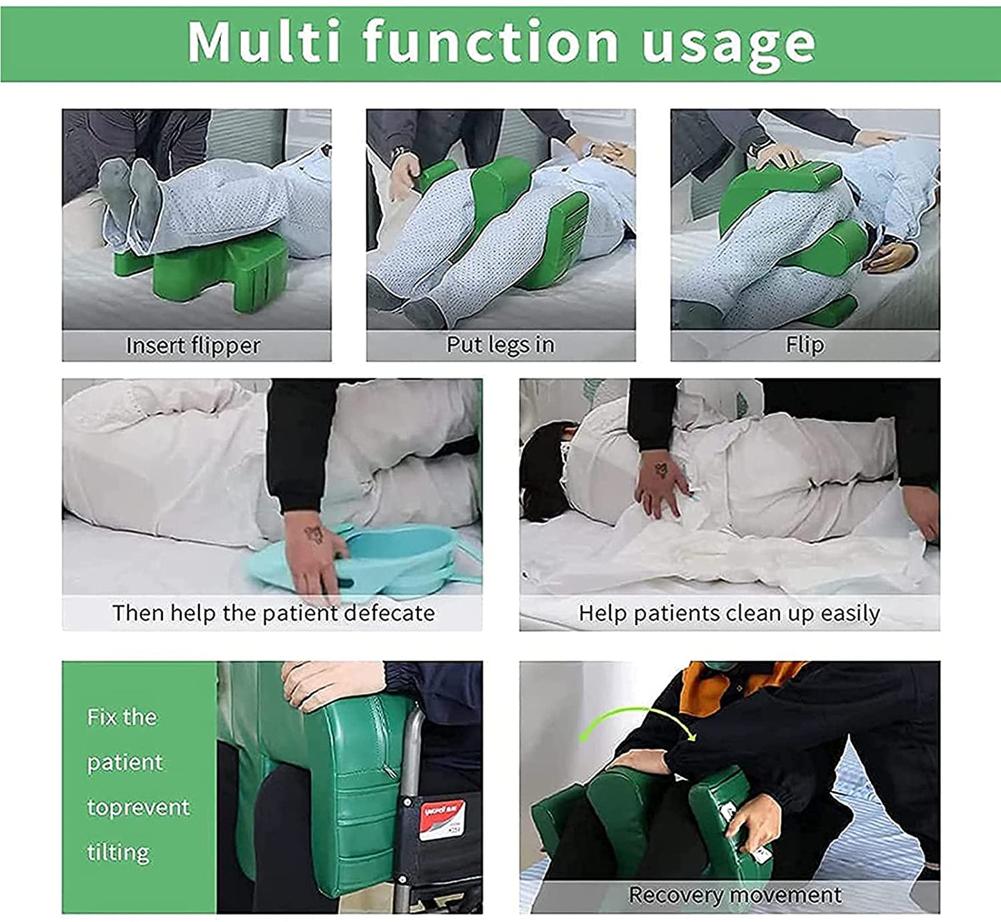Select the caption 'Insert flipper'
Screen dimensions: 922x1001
pos(193,345)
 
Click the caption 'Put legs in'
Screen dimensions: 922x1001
pos(500,344)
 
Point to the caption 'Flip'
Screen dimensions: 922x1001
pos(804,344)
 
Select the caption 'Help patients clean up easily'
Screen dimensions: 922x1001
pos(729,613)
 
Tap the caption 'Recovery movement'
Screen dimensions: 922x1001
pos(734,894)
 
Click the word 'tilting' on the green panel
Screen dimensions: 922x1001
pos(118,852)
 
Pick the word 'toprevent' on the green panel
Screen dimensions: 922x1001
pos(138,808)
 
